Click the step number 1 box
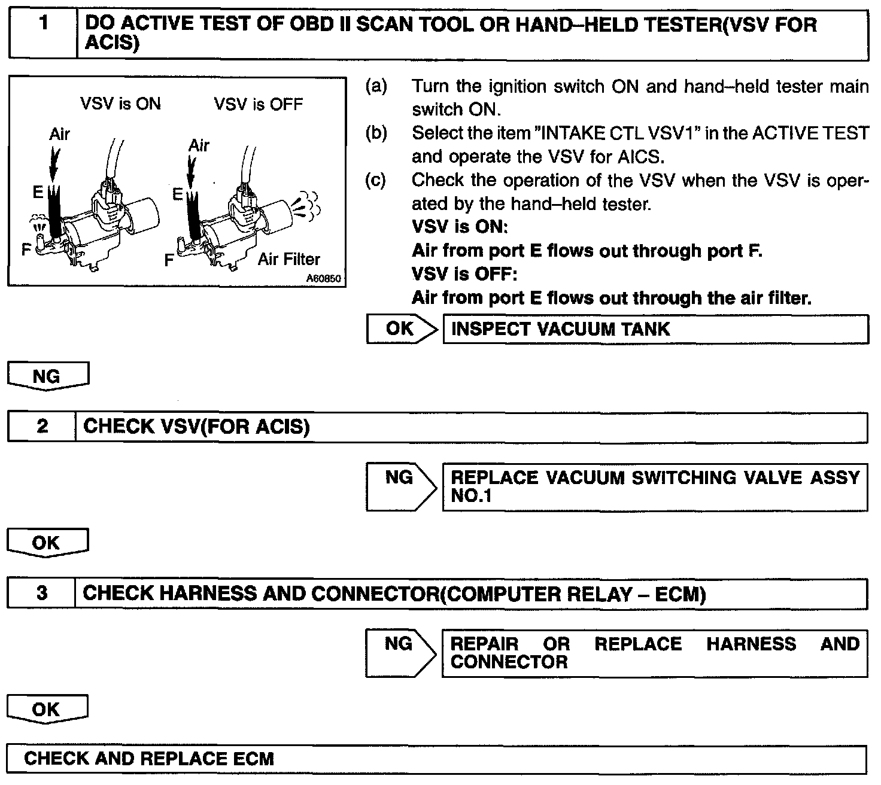click(43, 34)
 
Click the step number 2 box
click(42, 427)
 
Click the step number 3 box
click(41, 594)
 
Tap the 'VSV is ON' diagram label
click(120, 104)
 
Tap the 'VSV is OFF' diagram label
click(258, 105)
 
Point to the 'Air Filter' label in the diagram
click(289, 260)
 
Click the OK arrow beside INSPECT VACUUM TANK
click(401, 329)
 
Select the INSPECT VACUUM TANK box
click(655, 330)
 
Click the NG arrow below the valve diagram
click(47, 376)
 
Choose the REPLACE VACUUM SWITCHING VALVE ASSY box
click(655, 486)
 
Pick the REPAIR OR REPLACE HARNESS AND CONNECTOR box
click(655, 653)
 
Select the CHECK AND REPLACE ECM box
click(436, 759)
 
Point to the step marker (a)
click(376, 86)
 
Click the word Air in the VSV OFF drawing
click(199, 145)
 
